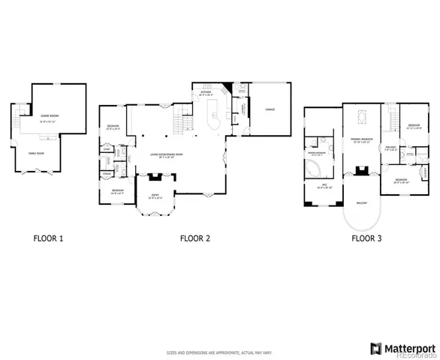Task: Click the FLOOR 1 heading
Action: (48, 239)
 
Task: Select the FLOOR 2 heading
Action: (194, 239)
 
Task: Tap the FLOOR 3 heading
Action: (366, 239)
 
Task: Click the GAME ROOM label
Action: (49, 116)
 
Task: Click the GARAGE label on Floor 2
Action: (269, 109)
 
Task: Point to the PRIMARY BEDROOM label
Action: (362, 139)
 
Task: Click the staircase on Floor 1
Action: (20, 118)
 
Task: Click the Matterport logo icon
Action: (376, 347)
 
